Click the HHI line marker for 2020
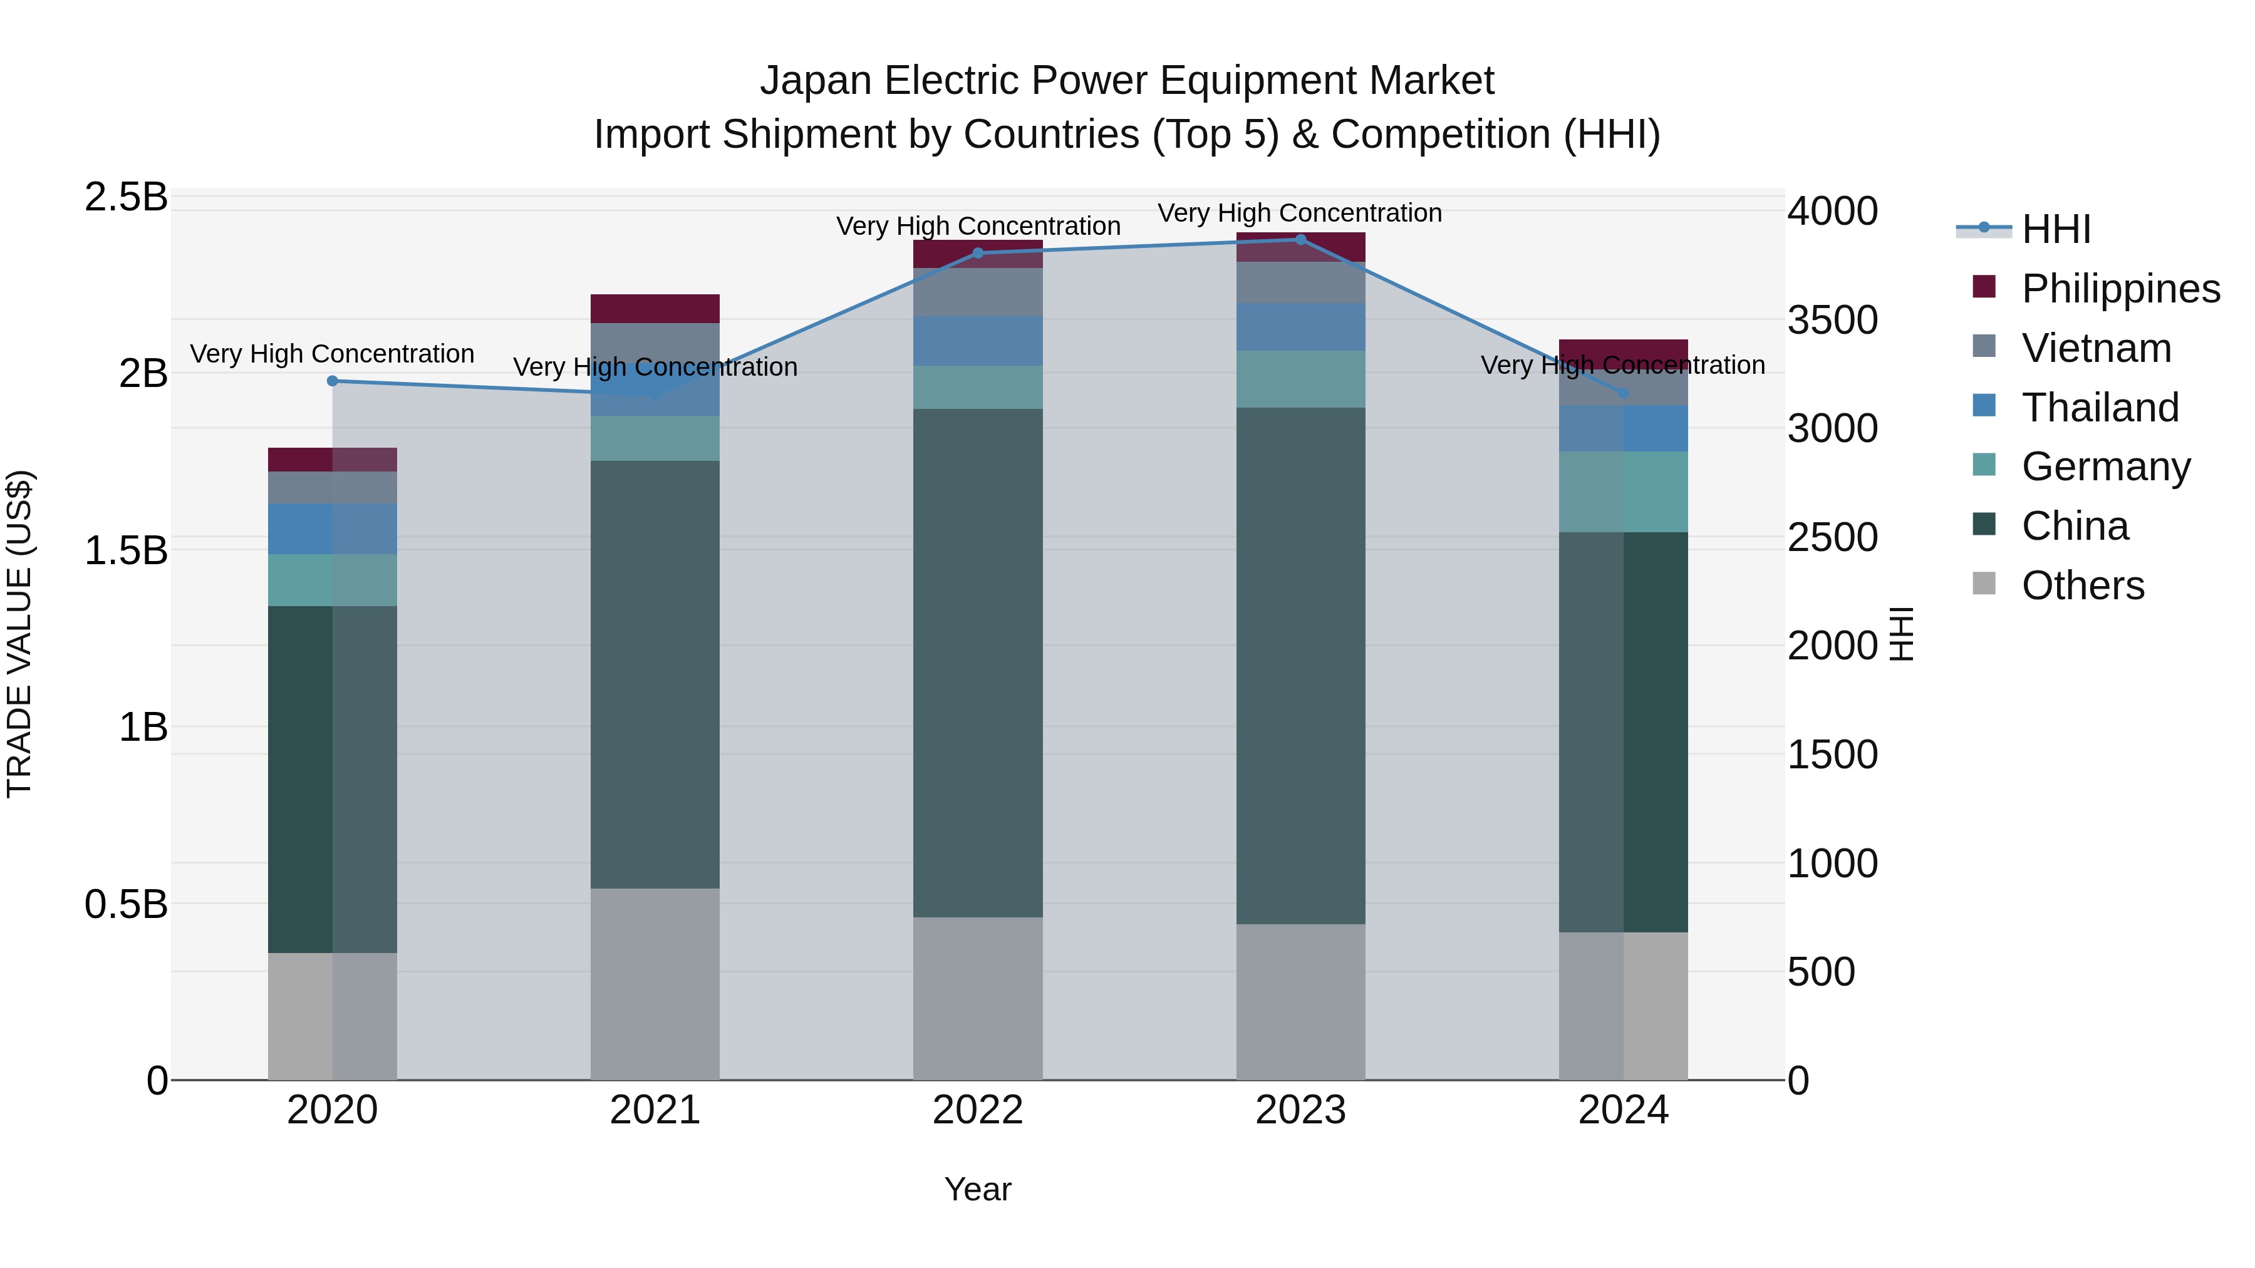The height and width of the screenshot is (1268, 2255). (x=332, y=381)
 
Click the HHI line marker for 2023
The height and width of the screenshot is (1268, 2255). (x=1300, y=239)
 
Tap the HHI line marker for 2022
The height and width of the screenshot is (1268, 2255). (x=978, y=253)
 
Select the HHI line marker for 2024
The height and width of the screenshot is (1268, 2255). (x=1623, y=393)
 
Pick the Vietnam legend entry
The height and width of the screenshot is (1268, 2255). (x=2096, y=348)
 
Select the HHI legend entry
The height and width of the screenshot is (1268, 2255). (x=2055, y=229)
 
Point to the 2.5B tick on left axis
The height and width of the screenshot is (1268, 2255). (x=126, y=197)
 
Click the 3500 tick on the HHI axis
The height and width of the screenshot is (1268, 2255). (x=1832, y=319)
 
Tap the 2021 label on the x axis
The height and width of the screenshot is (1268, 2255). (x=655, y=1110)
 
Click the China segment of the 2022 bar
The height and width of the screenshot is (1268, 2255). (x=978, y=662)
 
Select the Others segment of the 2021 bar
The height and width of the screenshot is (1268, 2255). (x=655, y=984)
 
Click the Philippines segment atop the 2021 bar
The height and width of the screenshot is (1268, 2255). (x=655, y=308)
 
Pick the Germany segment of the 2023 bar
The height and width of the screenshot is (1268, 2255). (x=1300, y=378)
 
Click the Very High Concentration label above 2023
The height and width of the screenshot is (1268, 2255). (x=1299, y=213)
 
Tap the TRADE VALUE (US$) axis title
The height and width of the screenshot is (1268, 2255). (x=19, y=634)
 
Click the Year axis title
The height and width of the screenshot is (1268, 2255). (x=977, y=1189)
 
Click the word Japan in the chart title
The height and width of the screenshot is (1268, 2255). (x=815, y=81)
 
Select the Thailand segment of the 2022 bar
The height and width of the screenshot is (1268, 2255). (x=978, y=341)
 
